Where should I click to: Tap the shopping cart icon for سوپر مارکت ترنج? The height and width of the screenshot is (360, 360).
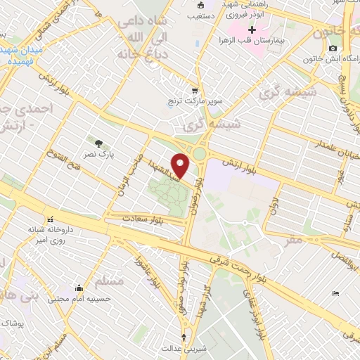click(195, 91)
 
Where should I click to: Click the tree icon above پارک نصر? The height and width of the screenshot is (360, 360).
click(98, 143)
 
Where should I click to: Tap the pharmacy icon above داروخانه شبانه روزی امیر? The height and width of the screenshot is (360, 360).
click(49, 219)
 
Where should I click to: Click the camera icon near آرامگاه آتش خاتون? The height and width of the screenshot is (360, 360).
click(333, 48)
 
